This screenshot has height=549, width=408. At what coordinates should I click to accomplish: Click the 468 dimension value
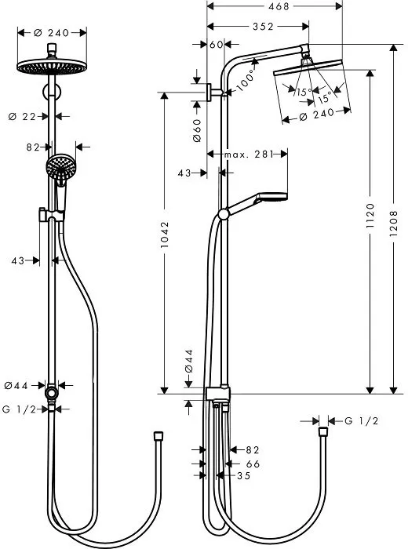(274, 6)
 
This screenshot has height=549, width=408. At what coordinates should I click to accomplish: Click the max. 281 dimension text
(250, 155)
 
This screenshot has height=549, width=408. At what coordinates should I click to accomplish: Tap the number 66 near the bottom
(252, 463)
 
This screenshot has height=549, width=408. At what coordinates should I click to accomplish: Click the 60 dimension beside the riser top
(217, 44)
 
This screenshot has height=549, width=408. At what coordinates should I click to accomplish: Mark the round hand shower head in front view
(58, 165)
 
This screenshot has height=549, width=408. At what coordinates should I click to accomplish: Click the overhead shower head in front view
(52, 66)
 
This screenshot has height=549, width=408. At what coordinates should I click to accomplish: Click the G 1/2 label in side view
(362, 421)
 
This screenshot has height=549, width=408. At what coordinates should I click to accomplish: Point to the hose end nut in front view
(158, 434)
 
